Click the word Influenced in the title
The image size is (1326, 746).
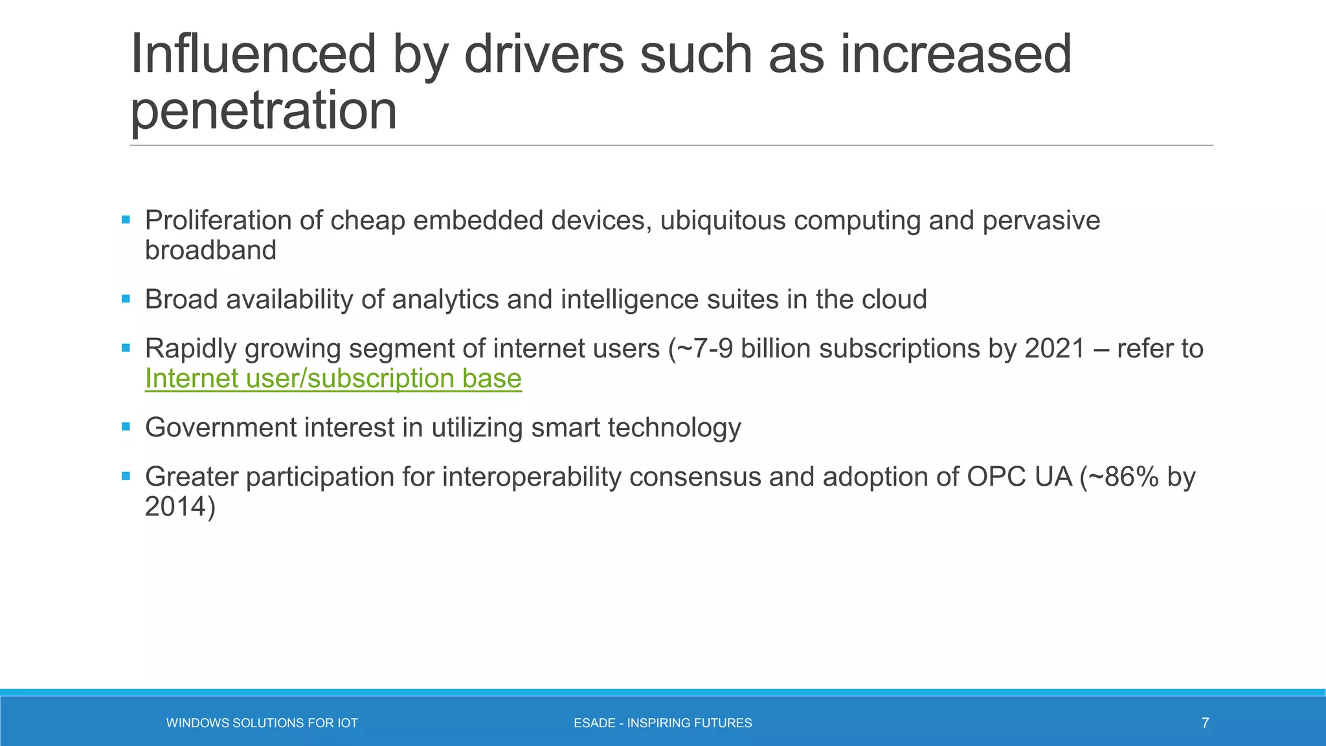click(x=253, y=54)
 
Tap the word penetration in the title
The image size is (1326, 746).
click(x=264, y=111)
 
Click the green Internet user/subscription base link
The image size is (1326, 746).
click(x=333, y=379)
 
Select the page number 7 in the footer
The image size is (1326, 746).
click(x=1205, y=723)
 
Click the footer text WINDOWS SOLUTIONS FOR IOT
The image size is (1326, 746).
click(x=262, y=723)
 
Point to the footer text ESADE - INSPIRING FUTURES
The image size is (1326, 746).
click(x=662, y=723)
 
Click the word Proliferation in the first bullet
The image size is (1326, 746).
click(x=218, y=221)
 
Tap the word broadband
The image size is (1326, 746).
click(x=210, y=251)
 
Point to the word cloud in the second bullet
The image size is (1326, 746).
click(x=894, y=300)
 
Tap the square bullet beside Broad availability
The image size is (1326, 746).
click(x=126, y=299)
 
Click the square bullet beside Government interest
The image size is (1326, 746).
click(x=126, y=427)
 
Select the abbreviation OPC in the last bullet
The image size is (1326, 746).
click(x=996, y=477)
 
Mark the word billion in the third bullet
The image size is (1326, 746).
click(x=776, y=349)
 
